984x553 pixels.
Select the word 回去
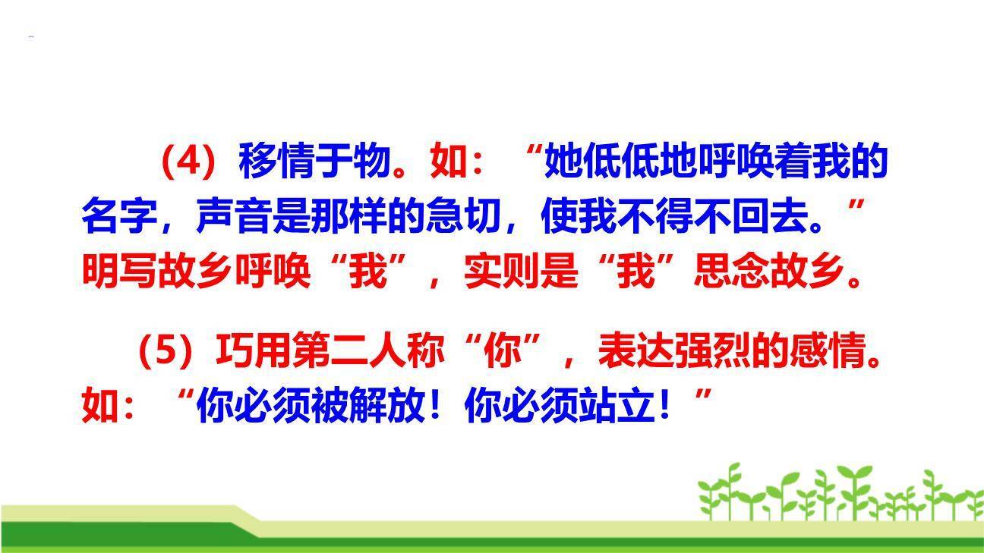[x=769, y=218]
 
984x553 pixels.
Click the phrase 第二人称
[x=367, y=352]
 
